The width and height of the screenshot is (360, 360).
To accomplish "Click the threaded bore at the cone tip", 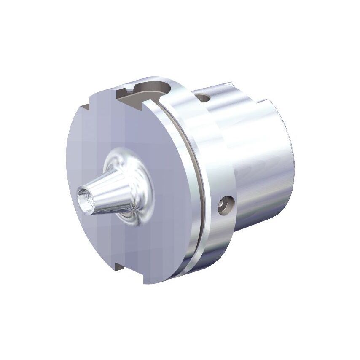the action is pos(84,197).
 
